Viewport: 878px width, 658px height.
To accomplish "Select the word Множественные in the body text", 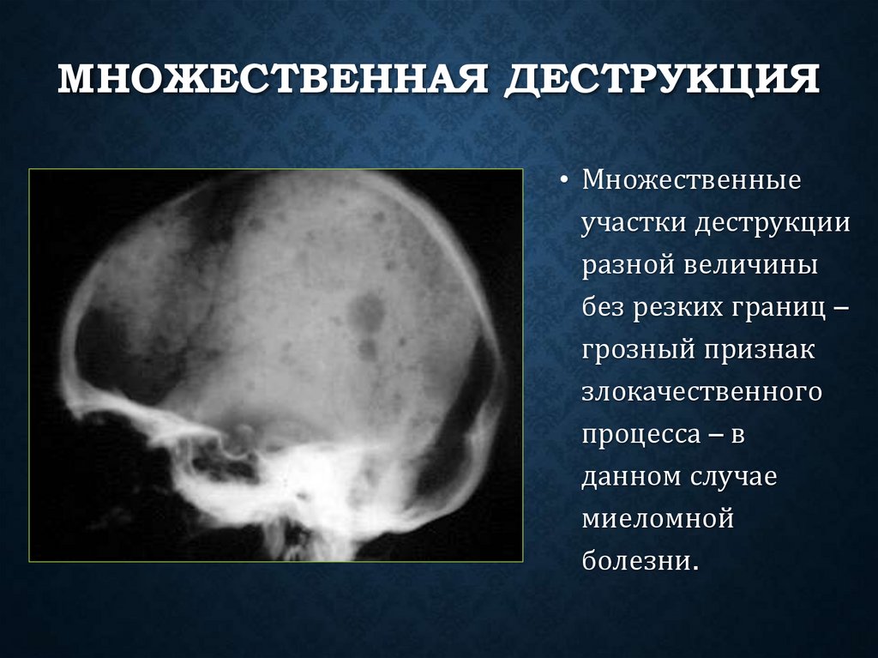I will coord(692,183).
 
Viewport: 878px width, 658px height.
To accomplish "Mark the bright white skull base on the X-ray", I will coord(300,480).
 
